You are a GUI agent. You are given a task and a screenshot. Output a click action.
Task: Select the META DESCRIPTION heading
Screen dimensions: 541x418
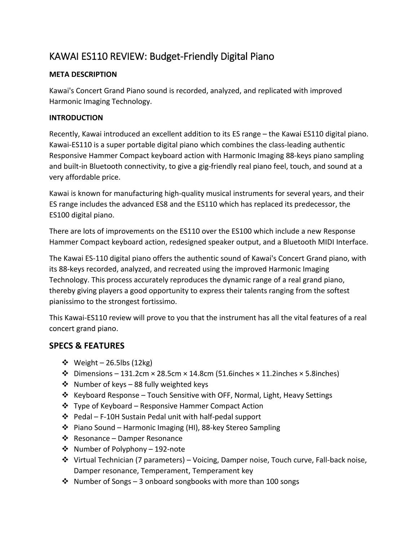tap(83, 75)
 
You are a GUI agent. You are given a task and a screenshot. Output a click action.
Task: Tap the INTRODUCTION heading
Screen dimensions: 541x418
tap(76, 118)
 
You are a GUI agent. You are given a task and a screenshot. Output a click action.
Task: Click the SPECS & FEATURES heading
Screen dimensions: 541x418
tap(87, 346)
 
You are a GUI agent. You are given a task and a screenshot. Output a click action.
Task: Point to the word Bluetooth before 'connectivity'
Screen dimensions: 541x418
tap(106, 167)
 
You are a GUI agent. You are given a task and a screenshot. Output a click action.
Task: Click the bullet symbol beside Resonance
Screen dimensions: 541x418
tap(65, 439)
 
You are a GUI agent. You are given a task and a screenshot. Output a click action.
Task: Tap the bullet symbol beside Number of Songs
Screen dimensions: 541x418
tap(65, 482)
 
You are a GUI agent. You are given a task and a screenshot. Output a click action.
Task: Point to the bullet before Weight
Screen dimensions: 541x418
tap(65, 363)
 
